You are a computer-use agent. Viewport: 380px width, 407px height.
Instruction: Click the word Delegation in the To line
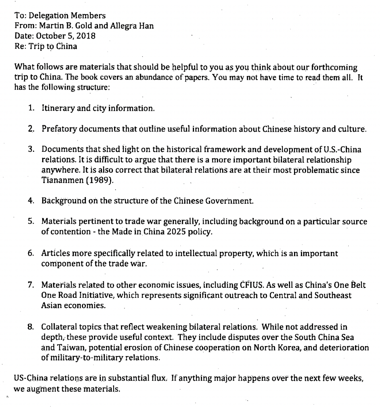point(44,16)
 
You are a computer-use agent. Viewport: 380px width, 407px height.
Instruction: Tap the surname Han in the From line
point(146,26)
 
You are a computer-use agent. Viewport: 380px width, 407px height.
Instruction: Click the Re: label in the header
point(20,46)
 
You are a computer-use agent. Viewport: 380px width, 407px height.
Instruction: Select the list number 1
point(31,108)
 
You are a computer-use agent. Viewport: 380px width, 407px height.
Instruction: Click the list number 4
point(31,201)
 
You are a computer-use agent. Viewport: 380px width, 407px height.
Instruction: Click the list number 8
point(31,327)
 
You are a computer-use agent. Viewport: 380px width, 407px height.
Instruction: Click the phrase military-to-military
point(82,358)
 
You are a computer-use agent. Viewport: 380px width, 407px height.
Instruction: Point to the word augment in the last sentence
point(39,389)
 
